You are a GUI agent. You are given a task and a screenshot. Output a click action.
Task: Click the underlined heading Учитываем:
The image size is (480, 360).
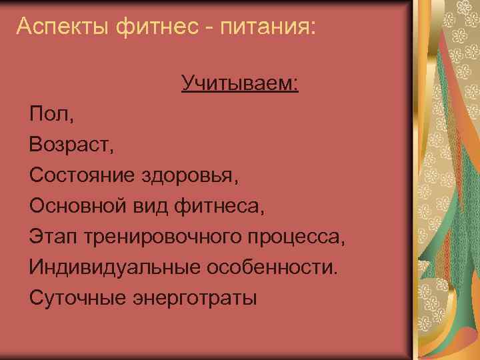pyautogui.click(x=239, y=83)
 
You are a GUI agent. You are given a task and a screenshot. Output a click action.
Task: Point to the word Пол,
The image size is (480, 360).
pyautogui.click(x=52, y=114)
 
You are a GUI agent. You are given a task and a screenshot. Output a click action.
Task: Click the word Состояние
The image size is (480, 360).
pyautogui.click(x=83, y=175)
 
